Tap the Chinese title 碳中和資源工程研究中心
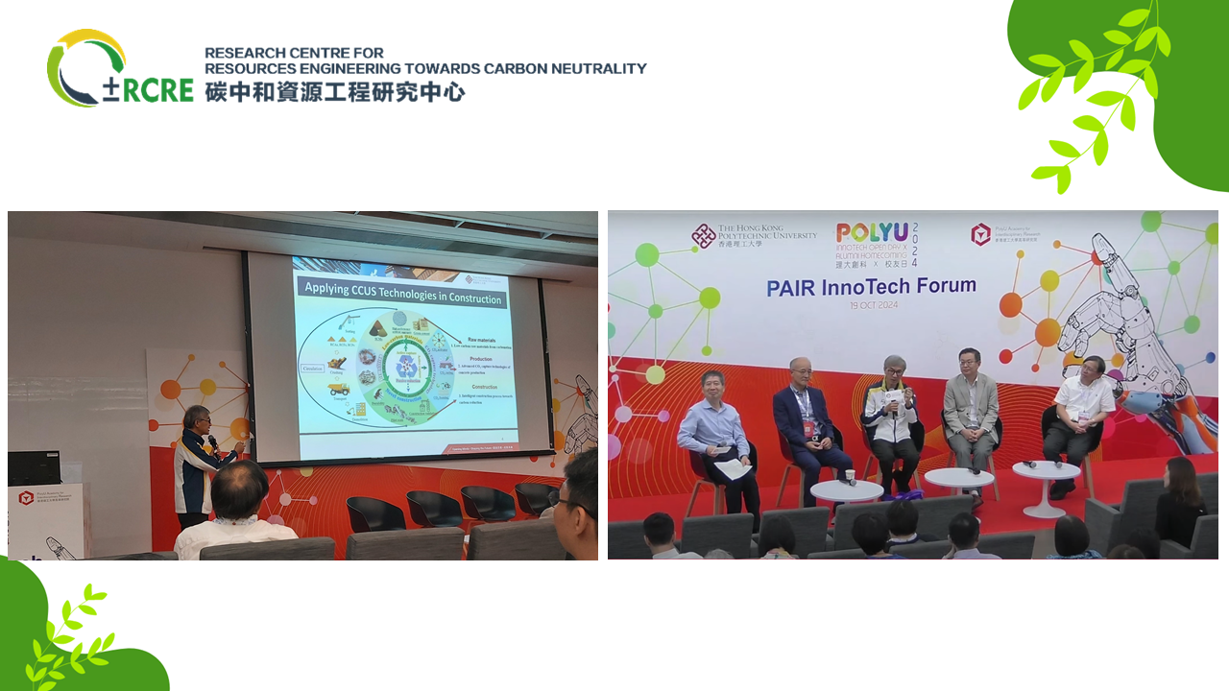point(334,92)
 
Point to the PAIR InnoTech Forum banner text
point(871,286)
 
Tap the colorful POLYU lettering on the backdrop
point(872,233)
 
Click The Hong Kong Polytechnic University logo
point(755,235)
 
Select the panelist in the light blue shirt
point(715,432)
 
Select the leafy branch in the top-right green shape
point(1095,96)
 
